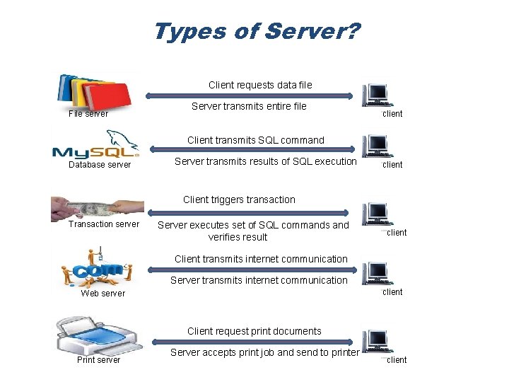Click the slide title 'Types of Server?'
click(256, 32)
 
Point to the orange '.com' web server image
click(97, 267)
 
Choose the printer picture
click(98, 336)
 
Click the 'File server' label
click(88, 113)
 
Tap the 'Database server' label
click(99, 165)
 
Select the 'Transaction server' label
click(104, 224)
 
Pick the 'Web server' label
click(103, 293)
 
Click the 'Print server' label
click(98, 360)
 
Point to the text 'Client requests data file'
click(260, 85)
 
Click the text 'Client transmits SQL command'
click(256, 140)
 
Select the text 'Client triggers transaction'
click(239, 199)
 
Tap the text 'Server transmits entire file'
click(249, 106)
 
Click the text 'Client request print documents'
click(254, 331)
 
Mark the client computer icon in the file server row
click(375, 95)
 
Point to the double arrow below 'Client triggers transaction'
click(247, 212)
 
